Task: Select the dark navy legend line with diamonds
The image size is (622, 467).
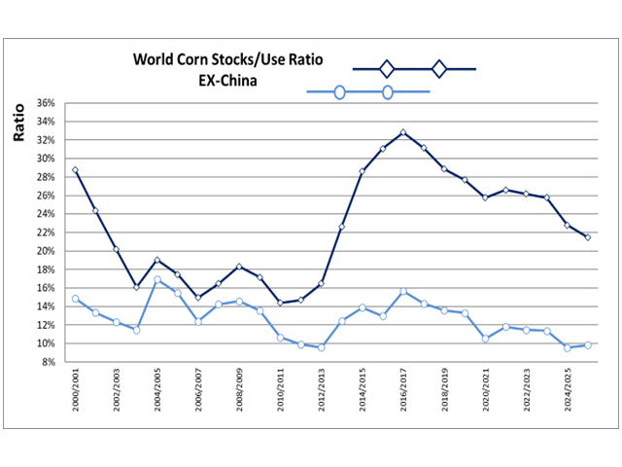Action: click(413, 69)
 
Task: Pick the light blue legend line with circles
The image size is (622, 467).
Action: click(367, 92)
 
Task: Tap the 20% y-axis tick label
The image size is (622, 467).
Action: click(45, 251)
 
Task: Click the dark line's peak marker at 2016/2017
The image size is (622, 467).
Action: click(403, 132)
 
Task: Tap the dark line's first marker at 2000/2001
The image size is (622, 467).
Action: click(75, 170)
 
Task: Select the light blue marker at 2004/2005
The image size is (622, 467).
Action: click(157, 280)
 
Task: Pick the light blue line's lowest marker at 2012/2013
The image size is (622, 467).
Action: click(321, 347)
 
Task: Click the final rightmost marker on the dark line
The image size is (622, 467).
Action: click(588, 237)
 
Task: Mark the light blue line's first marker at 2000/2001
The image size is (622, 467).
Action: click(75, 300)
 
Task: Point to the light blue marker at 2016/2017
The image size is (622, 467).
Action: click(403, 292)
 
